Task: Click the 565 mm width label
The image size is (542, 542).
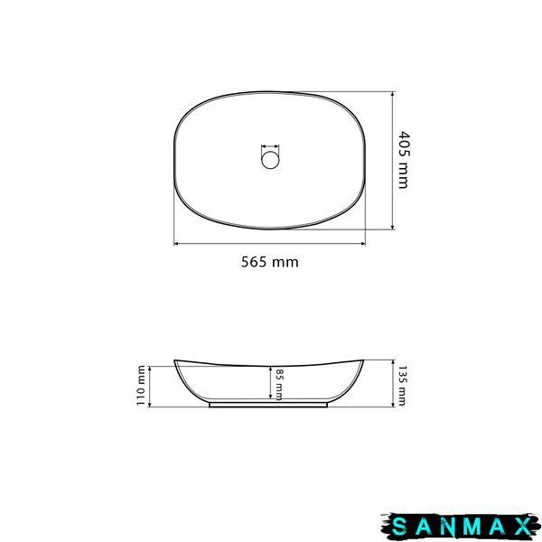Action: pyautogui.click(x=269, y=262)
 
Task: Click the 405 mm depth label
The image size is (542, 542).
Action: pyautogui.click(x=403, y=160)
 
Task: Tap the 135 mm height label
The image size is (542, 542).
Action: pyautogui.click(x=402, y=386)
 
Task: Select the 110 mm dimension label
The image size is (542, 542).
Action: pyautogui.click(x=141, y=386)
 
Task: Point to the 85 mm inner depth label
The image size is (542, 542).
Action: pyautogui.click(x=279, y=385)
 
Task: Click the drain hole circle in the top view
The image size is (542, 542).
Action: pyautogui.click(x=270, y=161)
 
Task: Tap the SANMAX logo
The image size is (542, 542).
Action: pyautogui.click(x=459, y=528)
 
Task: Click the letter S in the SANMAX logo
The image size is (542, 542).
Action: pyautogui.click(x=399, y=528)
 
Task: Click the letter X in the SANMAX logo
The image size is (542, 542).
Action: pyautogui.click(x=521, y=528)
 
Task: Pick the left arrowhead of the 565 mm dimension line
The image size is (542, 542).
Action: pyautogui.click(x=175, y=244)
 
